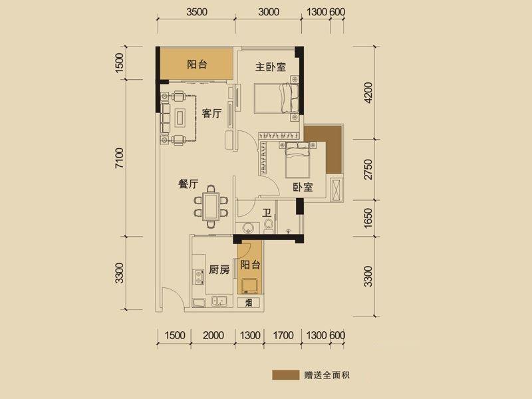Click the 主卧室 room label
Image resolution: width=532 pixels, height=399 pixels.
(271, 67)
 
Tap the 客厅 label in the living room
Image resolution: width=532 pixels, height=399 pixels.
(211, 113)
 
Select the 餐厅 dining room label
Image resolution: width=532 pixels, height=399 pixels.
(188, 184)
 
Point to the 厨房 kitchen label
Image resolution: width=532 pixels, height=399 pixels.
(219, 270)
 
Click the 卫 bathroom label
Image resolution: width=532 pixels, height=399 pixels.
(267, 213)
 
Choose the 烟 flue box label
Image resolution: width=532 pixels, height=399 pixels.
(249, 303)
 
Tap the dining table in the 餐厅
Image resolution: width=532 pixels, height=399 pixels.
(211, 206)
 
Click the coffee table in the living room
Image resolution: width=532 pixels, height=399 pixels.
(180, 118)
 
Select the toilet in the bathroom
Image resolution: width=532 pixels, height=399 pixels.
(269, 226)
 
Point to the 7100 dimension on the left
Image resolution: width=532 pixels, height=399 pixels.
(120, 158)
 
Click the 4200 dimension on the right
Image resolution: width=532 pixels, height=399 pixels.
(368, 92)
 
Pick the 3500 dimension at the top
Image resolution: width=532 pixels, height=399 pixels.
(196, 12)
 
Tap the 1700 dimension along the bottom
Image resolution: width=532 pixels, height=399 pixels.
(283, 335)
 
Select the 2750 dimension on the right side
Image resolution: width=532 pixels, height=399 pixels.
(368, 170)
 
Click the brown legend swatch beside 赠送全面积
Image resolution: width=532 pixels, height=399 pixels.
(286, 375)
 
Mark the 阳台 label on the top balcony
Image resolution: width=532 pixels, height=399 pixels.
(197, 64)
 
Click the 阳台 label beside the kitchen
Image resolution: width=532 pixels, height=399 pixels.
(250, 265)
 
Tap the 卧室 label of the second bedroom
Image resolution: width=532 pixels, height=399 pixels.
(303, 187)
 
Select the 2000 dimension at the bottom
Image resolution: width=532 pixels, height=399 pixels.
(213, 335)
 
